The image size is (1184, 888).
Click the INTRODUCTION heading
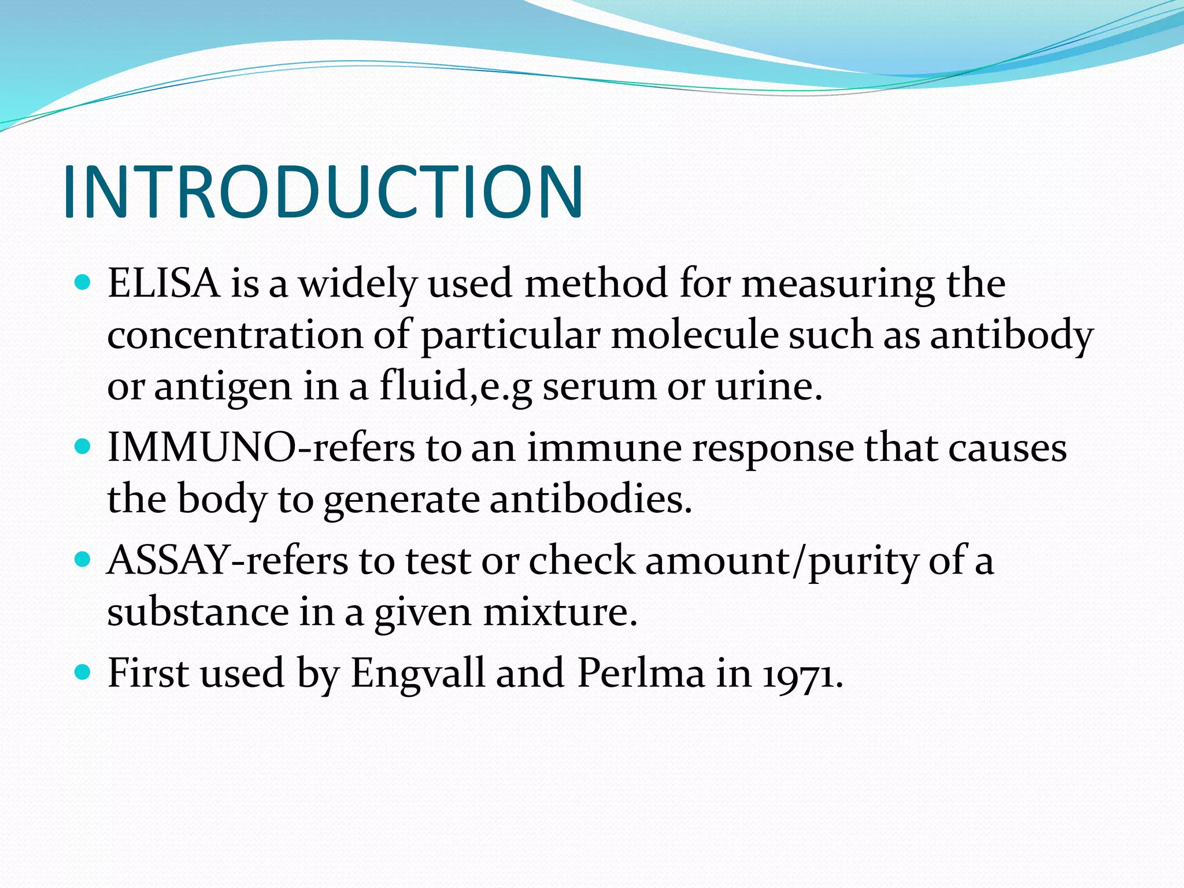(x=323, y=192)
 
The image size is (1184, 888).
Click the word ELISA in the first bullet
(x=164, y=284)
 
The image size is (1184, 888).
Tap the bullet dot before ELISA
(x=83, y=283)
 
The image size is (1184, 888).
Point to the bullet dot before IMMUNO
(x=83, y=447)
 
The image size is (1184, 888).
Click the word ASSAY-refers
(x=227, y=560)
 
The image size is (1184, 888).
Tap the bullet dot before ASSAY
(x=83, y=559)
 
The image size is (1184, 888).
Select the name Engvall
(x=417, y=674)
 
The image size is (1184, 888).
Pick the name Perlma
(x=641, y=674)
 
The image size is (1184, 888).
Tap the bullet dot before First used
(x=83, y=672)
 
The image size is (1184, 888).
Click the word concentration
(x=234, y=335)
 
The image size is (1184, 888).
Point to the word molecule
(x=694, y=335)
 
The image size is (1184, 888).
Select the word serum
(x=599, y=386)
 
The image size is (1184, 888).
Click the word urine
(x=768, y=386)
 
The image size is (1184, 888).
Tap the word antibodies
(x=590, y=498)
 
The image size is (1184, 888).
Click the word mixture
(x=560, y=612)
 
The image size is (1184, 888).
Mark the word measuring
(x=838, y=285)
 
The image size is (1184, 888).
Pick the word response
(x=772, y=449)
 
